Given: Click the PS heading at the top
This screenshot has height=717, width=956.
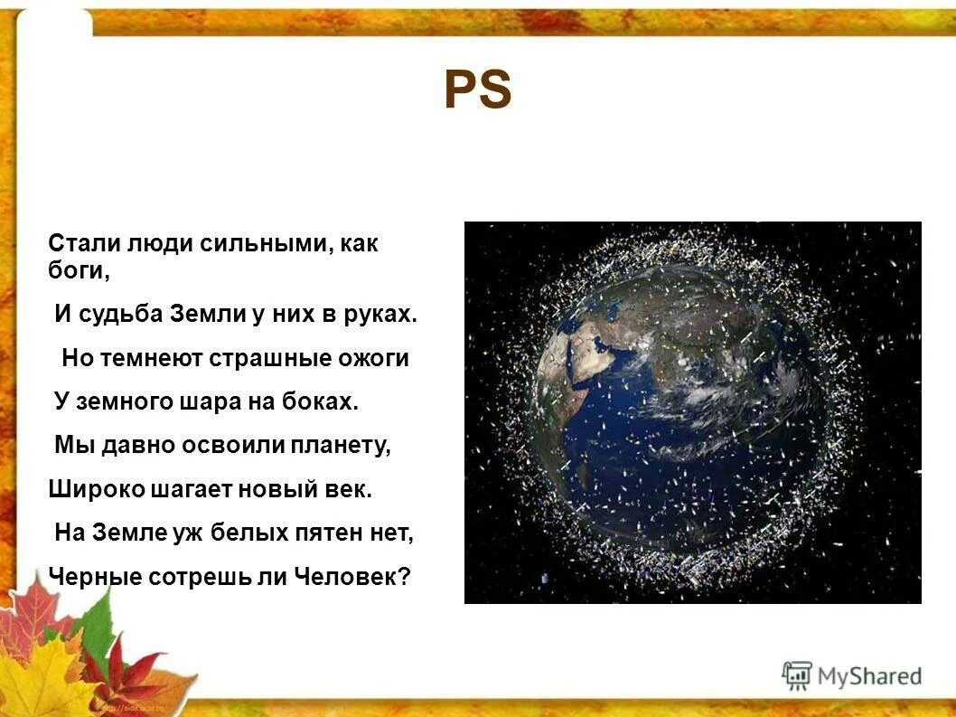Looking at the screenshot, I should point(477,91).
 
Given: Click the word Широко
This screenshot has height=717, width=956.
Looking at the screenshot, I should point(88,489).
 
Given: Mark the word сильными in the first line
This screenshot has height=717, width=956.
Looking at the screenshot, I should point(258,243).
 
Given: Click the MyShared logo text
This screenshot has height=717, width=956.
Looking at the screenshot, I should point(869,675).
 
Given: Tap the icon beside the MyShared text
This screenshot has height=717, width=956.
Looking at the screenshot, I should point(797,675).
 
